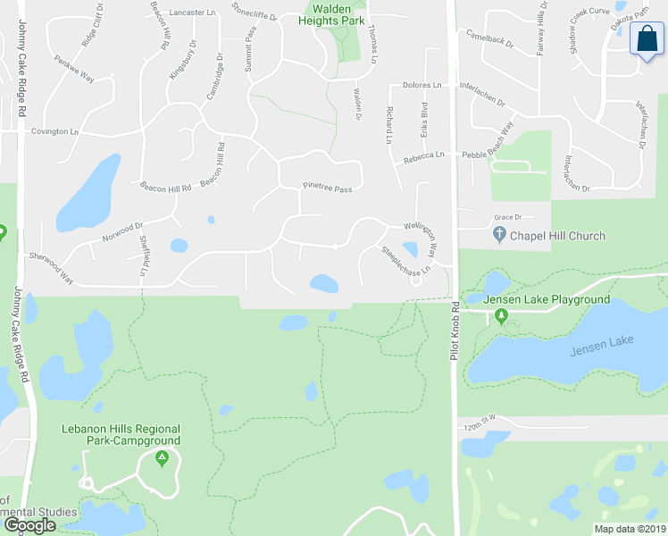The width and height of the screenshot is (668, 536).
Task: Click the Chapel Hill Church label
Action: pos(557,236)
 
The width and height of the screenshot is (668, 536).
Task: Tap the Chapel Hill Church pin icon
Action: pos(499,236)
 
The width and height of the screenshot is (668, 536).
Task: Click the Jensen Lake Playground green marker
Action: pos(502,315)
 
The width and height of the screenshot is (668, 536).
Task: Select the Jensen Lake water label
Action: pos(600,342)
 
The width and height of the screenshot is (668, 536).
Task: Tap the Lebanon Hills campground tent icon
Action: pos(162,459)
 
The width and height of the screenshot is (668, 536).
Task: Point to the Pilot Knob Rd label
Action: pos(454,331)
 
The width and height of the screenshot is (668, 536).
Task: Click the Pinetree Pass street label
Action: pos(328,189)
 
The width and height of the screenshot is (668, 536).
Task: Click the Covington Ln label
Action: pos(55,131)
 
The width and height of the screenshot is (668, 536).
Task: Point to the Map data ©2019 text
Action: pos(630,529)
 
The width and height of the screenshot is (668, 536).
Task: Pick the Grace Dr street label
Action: pos(507,217)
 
